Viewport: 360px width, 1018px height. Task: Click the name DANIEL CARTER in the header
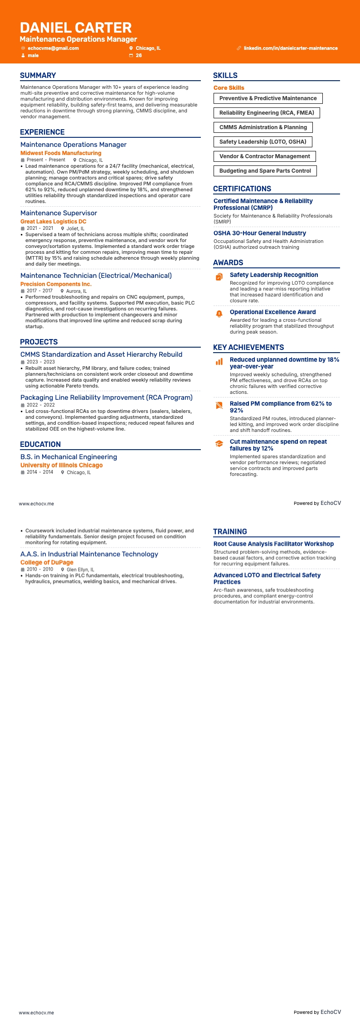pyautogui.click(x=76, y=28)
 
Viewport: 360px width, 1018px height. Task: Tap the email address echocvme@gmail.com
pyautogui.click(x=53, y=48)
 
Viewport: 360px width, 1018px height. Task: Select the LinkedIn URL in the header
pyautogui.click(x=291, y=48)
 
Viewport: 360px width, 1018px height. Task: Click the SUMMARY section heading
pyautogui.click(x=38, y=76)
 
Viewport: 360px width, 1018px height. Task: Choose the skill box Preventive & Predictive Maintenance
pyautogui.click(x=268, y=98)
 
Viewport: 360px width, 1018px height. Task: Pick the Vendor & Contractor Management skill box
pyautogui.click(x=264, y=156)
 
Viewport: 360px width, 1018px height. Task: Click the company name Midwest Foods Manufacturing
pyautogui.click(x=61, y=153)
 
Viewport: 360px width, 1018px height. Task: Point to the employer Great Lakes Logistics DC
pyautogui.click(x=53, y=222)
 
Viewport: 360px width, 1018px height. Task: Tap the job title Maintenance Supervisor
pyautogui.click(x=58, y=213)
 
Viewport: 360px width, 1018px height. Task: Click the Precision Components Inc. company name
pyautogui.click(x=56, y=284)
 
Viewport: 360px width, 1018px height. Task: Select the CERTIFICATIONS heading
pyautogui.click(x=242, y=189)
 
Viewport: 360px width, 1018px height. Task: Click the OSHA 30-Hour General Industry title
pyautogui.click(x=260, y=233)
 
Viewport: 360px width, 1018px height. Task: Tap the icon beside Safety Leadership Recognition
pyautogui.click(x=219, y=276)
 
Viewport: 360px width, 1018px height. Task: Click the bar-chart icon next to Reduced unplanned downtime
pyautogui.click(x=219, y=361)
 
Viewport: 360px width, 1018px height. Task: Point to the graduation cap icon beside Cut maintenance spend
pyautogui.click(x=219, y=443)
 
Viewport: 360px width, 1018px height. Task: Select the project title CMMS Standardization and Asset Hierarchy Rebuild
pyautogui.click(x=101, y=354)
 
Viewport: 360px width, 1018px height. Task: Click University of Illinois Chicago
pyautogui.click(x=62, y=465)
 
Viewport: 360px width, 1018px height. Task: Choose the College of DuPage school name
pyautogui.click(x=47, y=562)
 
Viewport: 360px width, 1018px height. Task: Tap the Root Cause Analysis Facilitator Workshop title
pyautogui.click(x=273, y=544)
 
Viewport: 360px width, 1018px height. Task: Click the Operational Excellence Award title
pyautogui.click(x=272, y=312)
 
